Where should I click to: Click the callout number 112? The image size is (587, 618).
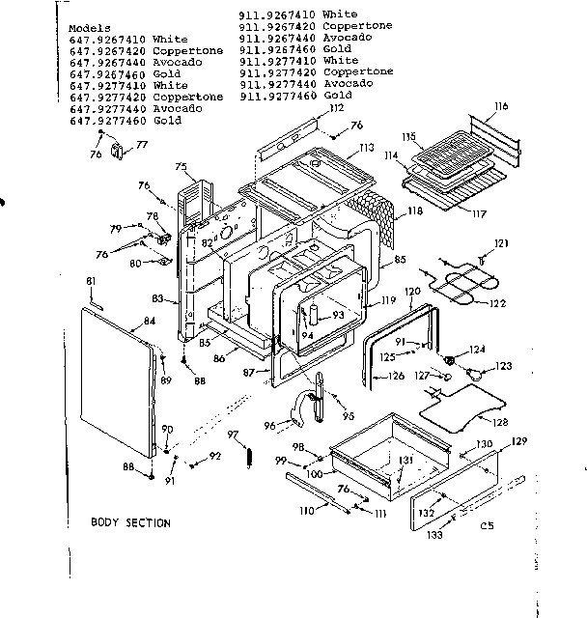[336, 110]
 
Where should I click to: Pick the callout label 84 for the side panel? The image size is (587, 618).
[149, 322]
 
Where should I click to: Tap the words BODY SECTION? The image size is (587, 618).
[130, 522]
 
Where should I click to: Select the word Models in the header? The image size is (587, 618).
[90, 28]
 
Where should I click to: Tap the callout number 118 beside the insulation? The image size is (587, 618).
[415, 211]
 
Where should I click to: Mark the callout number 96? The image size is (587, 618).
[269, 424]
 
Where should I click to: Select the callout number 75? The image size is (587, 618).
[180, 167]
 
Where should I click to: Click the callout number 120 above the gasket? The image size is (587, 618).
[411, 291]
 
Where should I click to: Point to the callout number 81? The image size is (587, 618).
[91, 281]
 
